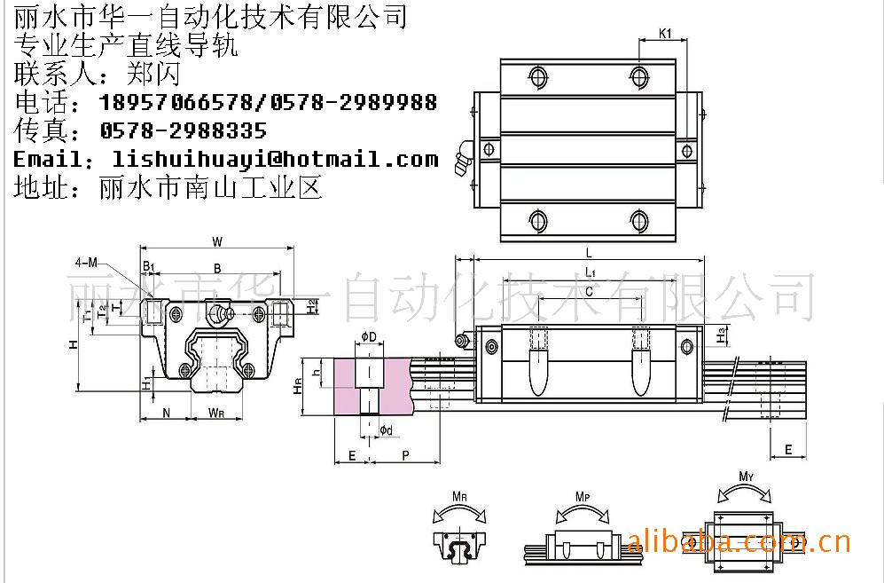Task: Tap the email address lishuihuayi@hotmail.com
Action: [x=276, y=160]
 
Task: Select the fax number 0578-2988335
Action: [x=184, y=131]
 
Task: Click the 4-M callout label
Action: [x=87, y=263]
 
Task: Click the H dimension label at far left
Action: [x=74, y=344]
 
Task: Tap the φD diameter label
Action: [x=369, y=335]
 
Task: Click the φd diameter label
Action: [x=386, y=430]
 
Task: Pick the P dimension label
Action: [x=405, y=454]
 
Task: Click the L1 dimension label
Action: [x=589, y=272]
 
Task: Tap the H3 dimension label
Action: [x=722, y=335]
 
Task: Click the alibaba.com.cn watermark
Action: [x=739, y=540]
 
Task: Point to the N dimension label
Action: [x=166, y=412]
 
